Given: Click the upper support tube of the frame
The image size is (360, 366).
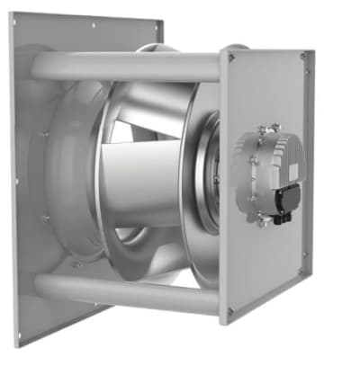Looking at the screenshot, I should (135, 66).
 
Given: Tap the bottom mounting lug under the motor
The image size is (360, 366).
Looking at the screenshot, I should (264, 219).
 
